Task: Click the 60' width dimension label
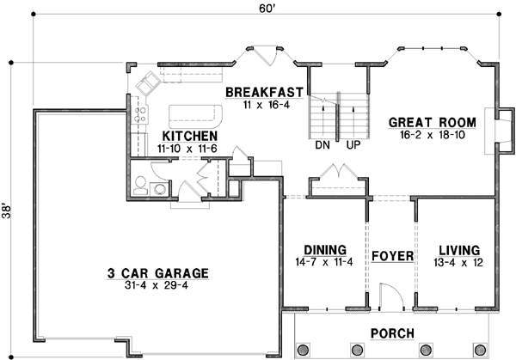click(x=267, y=8)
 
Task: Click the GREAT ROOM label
click(x=427, y=121)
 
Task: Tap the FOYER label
click(x=392, y=256)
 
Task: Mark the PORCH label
click(x=393, y=333)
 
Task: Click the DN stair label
click(x=322, y=146)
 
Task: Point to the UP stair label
click(x=352, y=146)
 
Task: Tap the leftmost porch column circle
click(x=302, y=349)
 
